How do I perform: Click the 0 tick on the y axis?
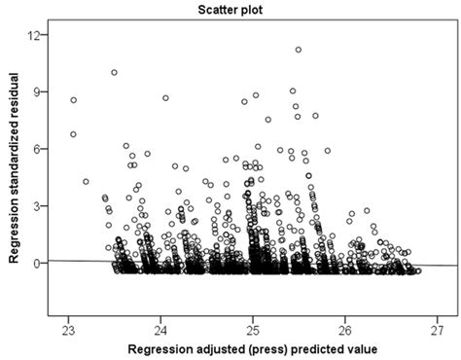click(38, 263)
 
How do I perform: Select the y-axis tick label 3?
click(38, 206)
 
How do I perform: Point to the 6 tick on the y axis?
click(38, 149)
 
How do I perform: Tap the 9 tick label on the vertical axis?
click(38, 92)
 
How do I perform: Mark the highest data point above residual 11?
click(298, 50)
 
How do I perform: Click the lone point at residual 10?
click(114, 72)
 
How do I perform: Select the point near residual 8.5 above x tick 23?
click(73, 100)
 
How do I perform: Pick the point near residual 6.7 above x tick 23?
click(73, 134)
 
